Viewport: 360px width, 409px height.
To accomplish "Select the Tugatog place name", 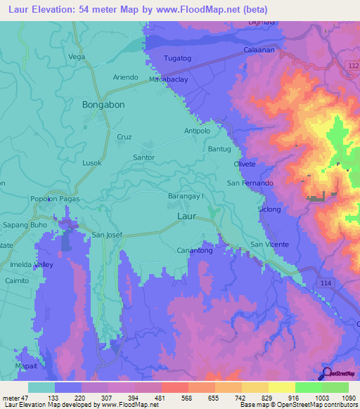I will coord(176,58).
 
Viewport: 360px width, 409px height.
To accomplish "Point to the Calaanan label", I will coord(259,51).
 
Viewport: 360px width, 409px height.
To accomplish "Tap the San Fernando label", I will coord(249,183).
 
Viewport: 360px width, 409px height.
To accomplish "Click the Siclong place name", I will coord(269,209).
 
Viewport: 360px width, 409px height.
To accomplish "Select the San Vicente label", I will coord(269,245).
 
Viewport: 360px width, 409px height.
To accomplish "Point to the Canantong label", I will coord(195,250).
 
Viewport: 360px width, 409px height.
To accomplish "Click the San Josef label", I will coord(108,235).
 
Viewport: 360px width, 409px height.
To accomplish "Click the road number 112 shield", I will coord(353,65).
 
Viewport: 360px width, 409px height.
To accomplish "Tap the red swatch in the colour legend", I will coord(174,387).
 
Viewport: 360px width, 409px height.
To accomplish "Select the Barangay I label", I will coord(186,197).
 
